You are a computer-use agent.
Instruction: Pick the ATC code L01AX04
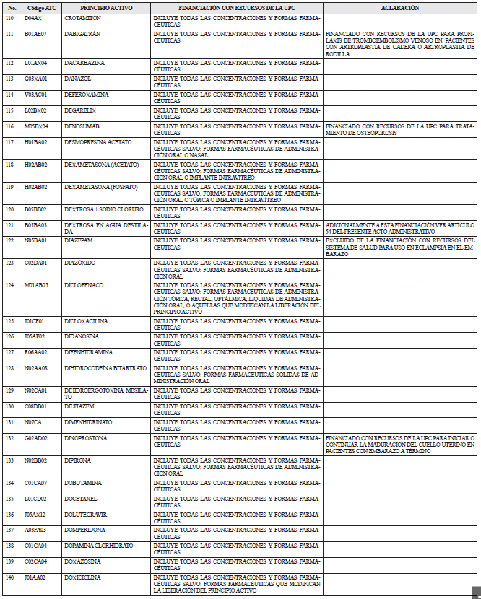point(35,63)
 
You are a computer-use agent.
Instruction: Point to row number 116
point(9,126)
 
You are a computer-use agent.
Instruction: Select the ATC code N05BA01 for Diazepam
point(35,240)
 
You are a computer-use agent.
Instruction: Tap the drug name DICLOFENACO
point(83,285)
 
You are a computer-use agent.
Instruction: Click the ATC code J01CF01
point(35,320)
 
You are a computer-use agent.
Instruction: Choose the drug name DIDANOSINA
point(82,336)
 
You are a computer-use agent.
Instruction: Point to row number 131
point(9,421)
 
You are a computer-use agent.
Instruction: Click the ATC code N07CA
point(32,421)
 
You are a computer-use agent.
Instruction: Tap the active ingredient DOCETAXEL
point(80,498)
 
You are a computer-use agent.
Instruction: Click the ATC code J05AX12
point(35,514)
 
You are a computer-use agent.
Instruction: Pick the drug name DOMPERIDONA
point(84,530)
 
